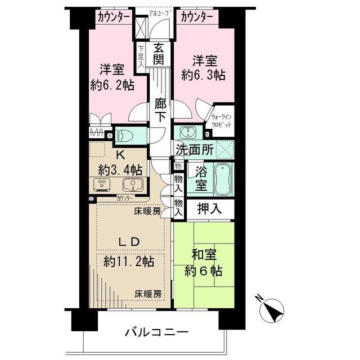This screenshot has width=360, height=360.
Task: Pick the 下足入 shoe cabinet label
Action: point(141,55)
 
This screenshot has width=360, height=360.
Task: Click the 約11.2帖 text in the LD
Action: point(130,262)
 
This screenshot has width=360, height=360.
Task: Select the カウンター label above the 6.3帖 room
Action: point(196,17)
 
